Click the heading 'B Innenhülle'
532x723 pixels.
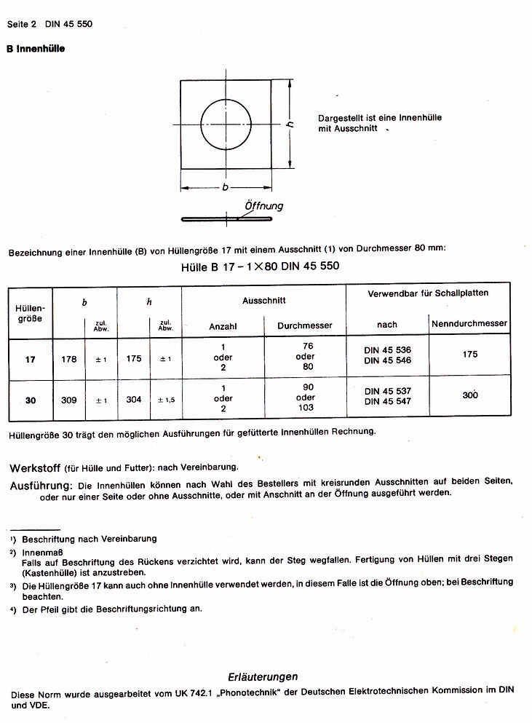36,49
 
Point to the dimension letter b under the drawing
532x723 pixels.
225,187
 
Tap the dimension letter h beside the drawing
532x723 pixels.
290,125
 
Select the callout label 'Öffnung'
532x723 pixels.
263,206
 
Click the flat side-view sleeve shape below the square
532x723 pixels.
226,218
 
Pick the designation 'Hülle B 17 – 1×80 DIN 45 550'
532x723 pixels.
260,266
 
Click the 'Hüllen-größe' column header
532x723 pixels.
30,313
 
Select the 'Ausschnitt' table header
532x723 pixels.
263,300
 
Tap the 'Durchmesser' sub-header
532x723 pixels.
305,326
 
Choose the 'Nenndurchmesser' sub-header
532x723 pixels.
469,323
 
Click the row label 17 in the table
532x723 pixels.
30,359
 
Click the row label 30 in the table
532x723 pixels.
30,400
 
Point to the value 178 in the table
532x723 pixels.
69,359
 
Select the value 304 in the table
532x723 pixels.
134,400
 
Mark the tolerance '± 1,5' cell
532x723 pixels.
166,400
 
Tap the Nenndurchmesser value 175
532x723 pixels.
470,355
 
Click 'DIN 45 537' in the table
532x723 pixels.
387,392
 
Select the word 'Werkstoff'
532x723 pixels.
33,467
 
